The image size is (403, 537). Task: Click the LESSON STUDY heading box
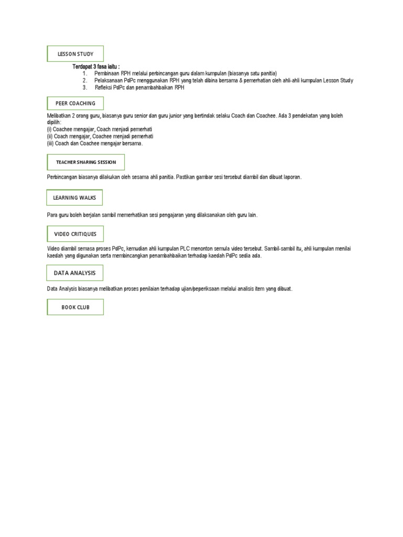tap(75, 53)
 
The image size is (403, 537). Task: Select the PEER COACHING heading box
tap(75, 103)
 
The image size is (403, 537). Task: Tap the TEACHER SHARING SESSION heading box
tap(86, 162)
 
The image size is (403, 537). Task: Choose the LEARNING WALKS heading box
tap(75, 198)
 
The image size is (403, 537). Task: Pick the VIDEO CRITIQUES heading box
tap(75, 233)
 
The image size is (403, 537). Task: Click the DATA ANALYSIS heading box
tap(75, 273)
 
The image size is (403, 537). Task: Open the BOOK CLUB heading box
tap(75, 307)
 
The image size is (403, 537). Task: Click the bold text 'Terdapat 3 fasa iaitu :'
tap(96, 67)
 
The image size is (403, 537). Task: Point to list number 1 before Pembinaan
tap(84, 73)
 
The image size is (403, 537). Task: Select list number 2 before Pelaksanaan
tap(84, 81)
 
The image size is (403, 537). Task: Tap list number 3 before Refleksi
tap(84, 88)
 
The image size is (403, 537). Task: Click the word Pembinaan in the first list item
tap(107, 73)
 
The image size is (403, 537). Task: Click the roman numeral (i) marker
tap(49, 129)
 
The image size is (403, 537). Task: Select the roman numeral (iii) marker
tap(50, 143)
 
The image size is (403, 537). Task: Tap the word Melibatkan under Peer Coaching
tap(58, 115)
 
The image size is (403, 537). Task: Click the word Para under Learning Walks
tap(52, 216)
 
